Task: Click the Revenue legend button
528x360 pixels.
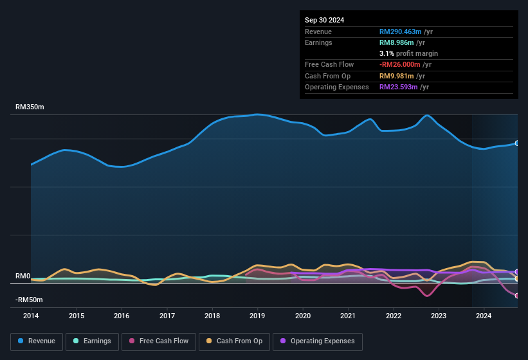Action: coord(37,341)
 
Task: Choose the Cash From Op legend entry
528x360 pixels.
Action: coord(235,341)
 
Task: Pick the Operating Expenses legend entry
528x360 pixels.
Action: coord(318,341)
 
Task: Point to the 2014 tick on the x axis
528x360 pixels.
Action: coord(31,316)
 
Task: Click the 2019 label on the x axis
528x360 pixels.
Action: coord(257,316)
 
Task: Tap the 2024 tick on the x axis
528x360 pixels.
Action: coord(484,316)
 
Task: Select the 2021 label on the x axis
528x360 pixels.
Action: coord(348,316)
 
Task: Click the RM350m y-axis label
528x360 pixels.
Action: coord(30,107)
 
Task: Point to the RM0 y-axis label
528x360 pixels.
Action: coord(23,276)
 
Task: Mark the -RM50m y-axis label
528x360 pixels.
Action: coord(29,300)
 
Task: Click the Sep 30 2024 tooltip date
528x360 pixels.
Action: coord(324,20)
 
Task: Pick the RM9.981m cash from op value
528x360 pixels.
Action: coord(397,76)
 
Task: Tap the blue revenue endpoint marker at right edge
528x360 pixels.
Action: coord(517,143)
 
